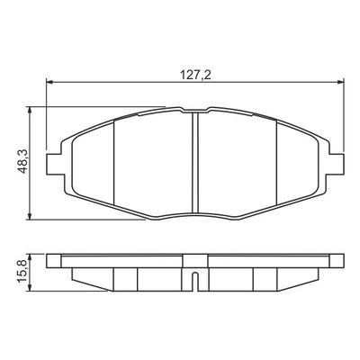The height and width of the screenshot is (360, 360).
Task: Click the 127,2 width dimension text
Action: (195, 75)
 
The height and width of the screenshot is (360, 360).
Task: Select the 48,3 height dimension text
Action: (22, 161)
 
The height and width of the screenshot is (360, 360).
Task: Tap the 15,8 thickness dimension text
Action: (22, 272)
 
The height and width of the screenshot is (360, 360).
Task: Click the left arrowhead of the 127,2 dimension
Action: (49, 82)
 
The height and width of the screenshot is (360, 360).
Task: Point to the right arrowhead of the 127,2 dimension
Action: (340, 82)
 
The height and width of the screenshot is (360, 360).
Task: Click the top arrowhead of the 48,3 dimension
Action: (29, 110)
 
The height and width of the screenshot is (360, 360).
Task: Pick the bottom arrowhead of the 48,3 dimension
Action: (29, 216)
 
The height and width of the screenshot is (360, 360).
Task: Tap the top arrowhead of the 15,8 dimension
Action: (29, 257)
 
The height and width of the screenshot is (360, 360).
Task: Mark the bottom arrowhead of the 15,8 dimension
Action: (29, 287)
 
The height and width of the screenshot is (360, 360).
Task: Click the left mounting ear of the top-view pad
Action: (56, 165)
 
